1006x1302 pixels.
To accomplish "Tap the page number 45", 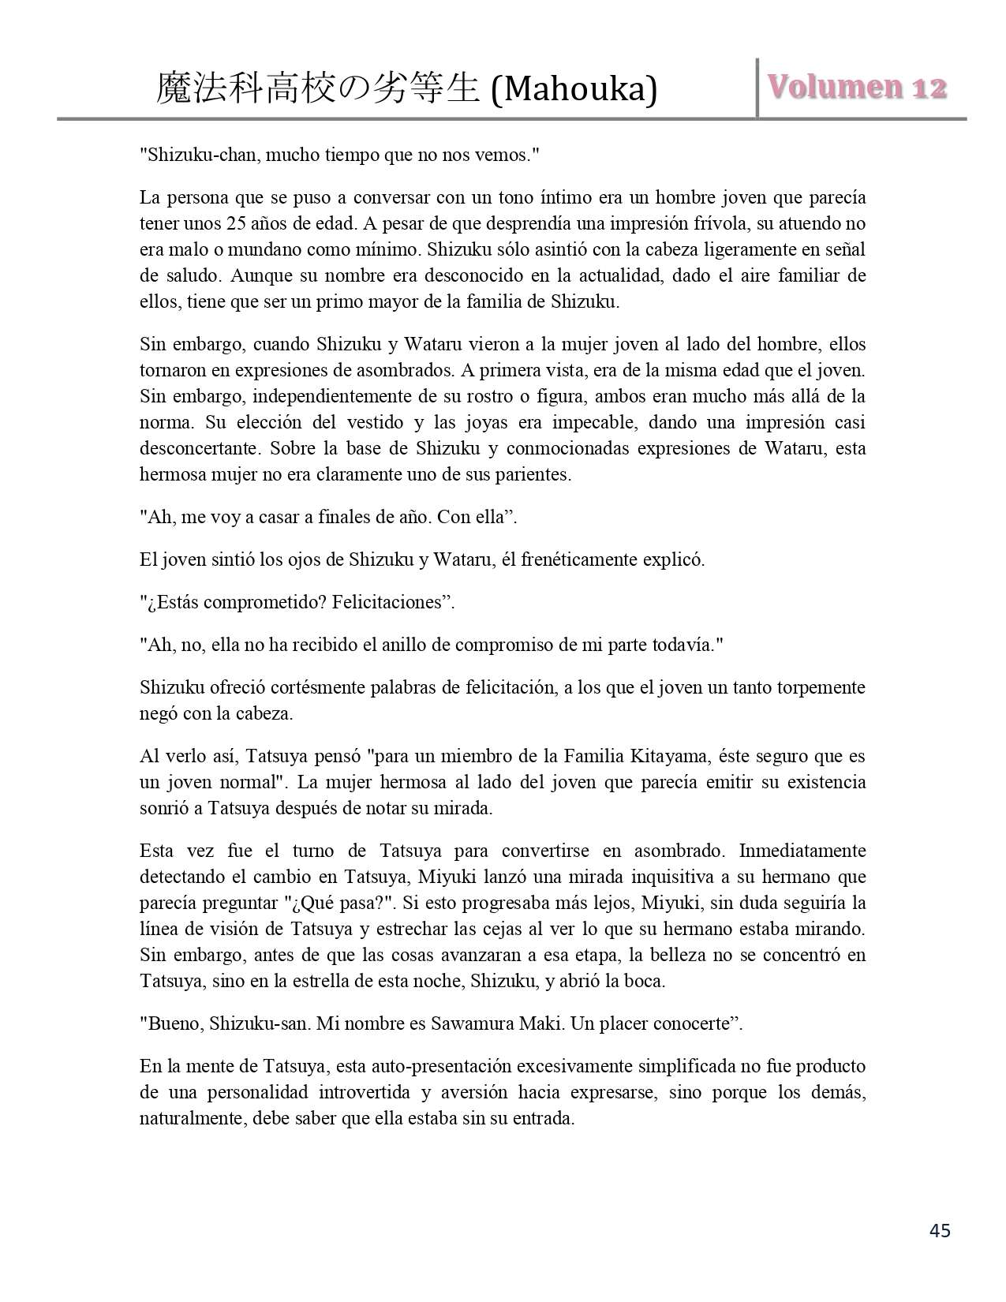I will (940, 1230).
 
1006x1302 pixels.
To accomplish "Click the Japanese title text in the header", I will (318, 89).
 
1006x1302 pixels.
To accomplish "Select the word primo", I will (361, 301).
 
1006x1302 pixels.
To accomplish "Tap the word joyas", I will (496, 422).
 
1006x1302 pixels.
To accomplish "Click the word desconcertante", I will (200, 448).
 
